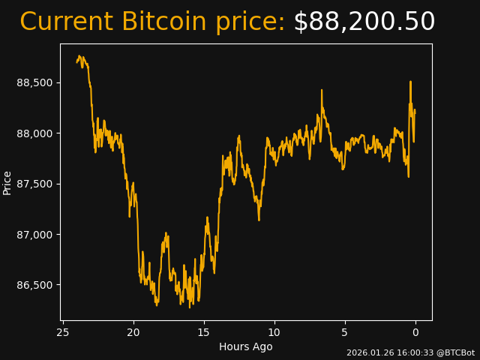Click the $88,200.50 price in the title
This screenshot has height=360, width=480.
click(x=364, y=22)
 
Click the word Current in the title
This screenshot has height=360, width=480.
click(x=66, y=22)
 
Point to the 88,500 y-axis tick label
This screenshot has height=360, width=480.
click(x=35, y=82)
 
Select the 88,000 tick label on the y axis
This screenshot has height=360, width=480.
click(x=35, y=133)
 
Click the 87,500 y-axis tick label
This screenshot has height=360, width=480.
click(x=35, y=184)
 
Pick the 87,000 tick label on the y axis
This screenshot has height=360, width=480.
click(x=35, y=235)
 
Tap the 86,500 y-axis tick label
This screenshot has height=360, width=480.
click(x=35, y=285)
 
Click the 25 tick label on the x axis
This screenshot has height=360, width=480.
click(x=63, y=332)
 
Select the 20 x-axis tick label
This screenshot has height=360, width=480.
click(x=133, y=332)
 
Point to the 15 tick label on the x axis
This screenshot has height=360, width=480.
click(x=204, y=332)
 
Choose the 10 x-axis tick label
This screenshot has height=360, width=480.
click(x=274, y=332)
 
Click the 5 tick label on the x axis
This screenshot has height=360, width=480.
click(x=345, y=332)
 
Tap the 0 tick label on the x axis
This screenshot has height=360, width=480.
click(x=415, y=332)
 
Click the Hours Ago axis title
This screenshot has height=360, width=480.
click(x=245, y=346)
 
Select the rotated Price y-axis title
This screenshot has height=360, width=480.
click(x=7, y=182)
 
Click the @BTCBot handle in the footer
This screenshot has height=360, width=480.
click(x=455, y=352)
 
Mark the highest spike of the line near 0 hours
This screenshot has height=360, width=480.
click(x=410, y=82)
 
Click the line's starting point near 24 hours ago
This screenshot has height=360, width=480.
click(x=77, y=61)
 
